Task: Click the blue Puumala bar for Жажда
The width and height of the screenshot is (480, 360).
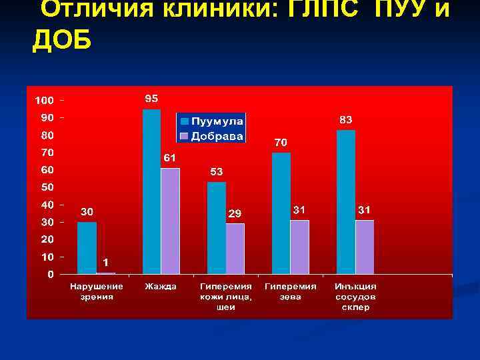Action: pos(152,191)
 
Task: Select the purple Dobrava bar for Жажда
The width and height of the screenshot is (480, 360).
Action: pos(171,221)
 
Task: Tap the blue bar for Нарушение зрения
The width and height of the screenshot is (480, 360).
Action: pos(87,247)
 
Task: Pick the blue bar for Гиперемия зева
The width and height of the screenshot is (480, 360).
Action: pos(281,213)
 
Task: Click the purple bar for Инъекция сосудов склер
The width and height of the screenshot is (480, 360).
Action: pos(365,247)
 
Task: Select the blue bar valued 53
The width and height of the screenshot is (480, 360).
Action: pos(217,228)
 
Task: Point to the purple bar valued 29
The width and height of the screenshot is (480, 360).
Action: pos(235,249)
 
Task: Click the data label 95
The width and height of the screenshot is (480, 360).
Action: pos(152,98)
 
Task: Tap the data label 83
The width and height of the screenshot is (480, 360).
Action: pos(346,119)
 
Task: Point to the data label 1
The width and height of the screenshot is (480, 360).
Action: pos(106,263)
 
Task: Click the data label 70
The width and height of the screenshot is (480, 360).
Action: pos(281,142)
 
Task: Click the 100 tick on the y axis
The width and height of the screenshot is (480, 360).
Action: pos(44,101)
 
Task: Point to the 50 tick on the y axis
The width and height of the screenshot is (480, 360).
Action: pos(47,187)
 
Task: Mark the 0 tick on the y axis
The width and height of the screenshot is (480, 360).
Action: pos(51,274)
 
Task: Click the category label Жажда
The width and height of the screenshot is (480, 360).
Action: pos(161,287)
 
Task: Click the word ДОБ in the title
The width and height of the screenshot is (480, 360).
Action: pos(63,41)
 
